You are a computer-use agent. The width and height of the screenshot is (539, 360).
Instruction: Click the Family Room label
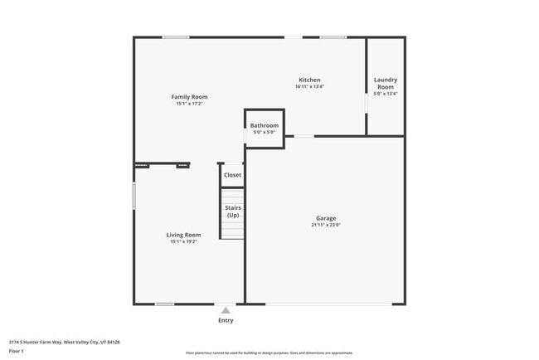coord(189,97)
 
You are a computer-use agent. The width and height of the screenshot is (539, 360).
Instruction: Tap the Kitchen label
coord(309,80)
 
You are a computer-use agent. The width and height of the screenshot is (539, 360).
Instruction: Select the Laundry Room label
coord(386,83)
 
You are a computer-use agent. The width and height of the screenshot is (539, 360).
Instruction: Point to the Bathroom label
coord(265,125)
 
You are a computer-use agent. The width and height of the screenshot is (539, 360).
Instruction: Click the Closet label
coord(232,175)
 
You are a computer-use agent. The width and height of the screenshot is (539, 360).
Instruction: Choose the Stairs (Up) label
coord(233,211)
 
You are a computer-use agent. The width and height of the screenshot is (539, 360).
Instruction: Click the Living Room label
coord(183,235)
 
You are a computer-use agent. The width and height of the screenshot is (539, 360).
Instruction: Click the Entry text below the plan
coord(226,320)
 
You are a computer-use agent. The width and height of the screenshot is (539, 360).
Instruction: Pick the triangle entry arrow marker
coord(226,310)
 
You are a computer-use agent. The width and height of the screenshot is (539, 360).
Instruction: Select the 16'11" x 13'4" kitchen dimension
coord(309,86)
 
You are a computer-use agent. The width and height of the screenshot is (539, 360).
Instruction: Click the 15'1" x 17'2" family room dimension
coord(189,104)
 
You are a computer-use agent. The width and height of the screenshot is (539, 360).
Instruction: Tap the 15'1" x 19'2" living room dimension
coord(183,241)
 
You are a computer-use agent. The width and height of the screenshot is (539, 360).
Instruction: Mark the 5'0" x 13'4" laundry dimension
coord(386,94)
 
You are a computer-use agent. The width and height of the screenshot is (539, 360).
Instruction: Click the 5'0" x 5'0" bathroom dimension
coord(265,132)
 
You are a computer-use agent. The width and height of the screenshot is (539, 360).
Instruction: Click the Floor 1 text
coord(17,352)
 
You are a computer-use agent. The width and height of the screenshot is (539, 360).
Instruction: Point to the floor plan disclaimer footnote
coord(269,353)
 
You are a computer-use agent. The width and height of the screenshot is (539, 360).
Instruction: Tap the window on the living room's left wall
coord(134,196)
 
